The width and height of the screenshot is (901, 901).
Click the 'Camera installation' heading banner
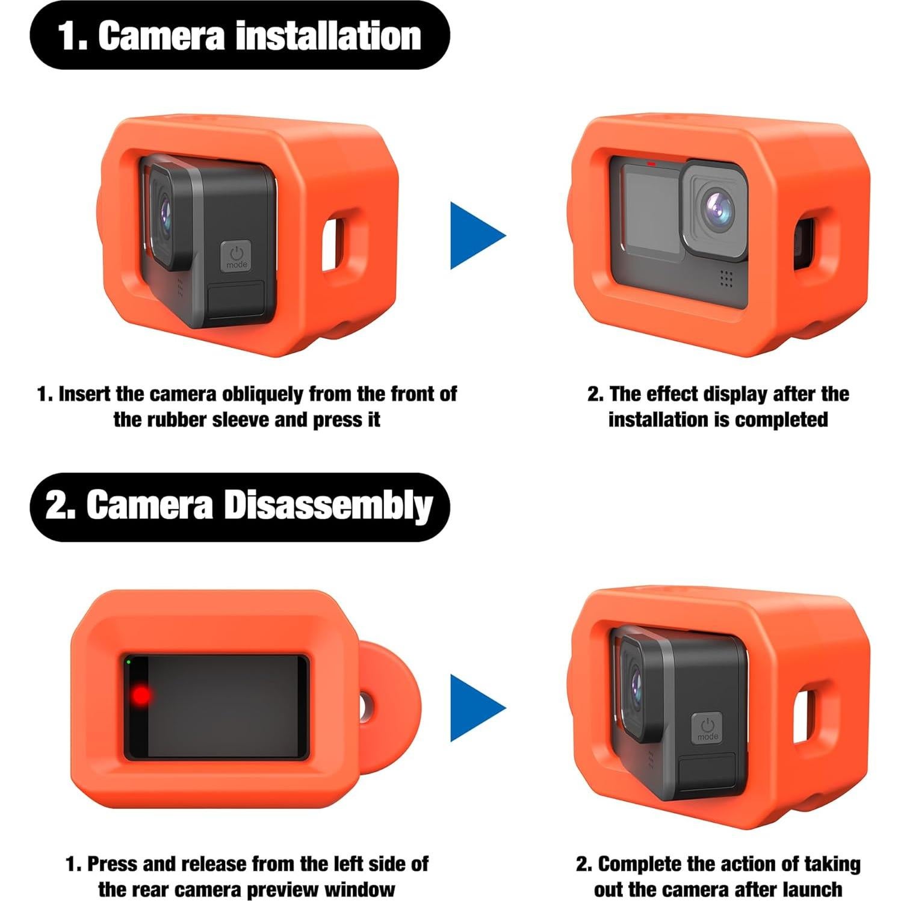240,36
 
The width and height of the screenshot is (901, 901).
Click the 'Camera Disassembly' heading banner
240,506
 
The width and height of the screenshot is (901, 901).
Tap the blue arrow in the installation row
475,235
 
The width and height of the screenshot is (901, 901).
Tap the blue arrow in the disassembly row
475,707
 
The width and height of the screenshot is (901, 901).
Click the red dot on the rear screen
141,696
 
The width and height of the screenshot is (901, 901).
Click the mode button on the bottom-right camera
707,728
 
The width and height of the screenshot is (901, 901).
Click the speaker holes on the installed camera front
726,277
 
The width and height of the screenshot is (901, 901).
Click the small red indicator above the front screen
651,163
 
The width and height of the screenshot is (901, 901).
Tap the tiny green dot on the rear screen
129,662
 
